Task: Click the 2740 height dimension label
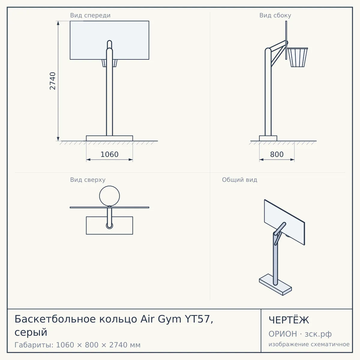[53, 81]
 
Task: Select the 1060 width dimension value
[109, 154]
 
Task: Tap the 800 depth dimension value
[277, 154]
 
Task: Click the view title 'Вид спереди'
[90, 15]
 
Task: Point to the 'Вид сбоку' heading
[275, 15]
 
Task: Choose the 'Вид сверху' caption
[88, 180]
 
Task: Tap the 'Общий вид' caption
[239, 180]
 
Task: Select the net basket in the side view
[298, 57]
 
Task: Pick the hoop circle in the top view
[109, 186]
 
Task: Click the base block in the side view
[268, 138]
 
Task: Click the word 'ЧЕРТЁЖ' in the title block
[289, 320]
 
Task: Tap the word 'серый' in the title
[31, 332]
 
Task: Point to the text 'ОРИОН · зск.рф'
[300, 334]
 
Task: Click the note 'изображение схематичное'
[309, 344]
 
